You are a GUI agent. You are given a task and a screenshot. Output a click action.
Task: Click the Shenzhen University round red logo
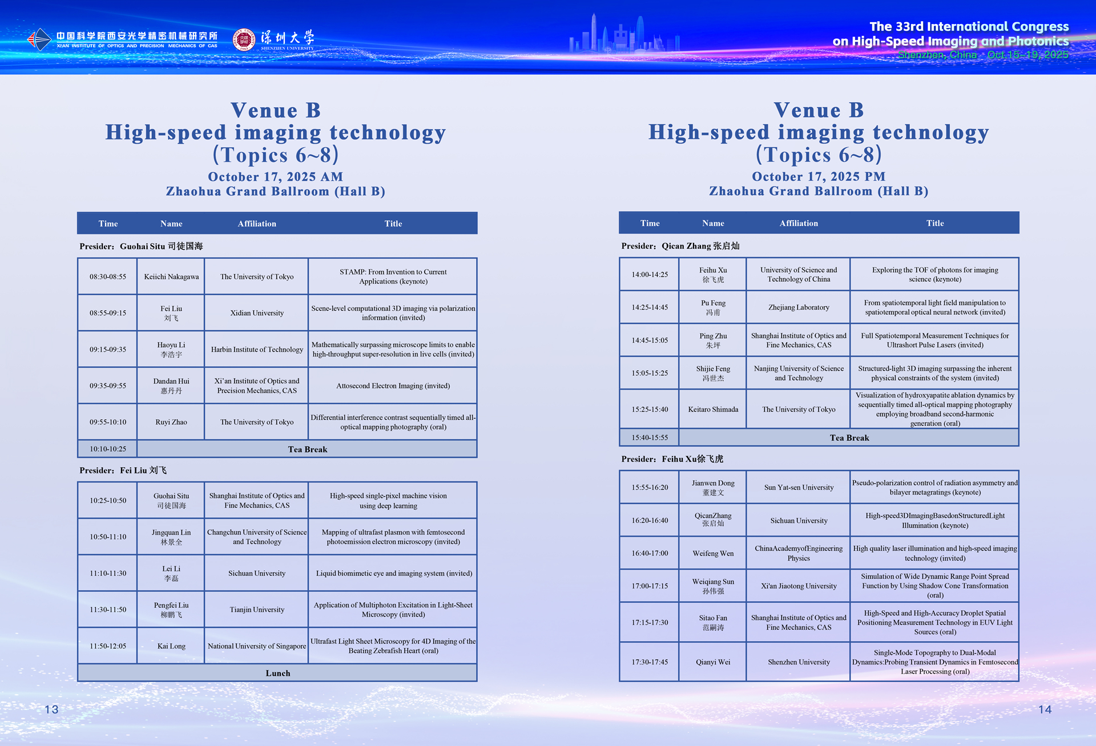coord(244,39)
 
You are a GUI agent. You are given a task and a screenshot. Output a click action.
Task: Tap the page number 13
coord(51,709)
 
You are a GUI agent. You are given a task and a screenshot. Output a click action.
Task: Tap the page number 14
coord(1045,709)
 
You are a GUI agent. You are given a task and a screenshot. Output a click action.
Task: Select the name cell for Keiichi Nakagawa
coord(171,277)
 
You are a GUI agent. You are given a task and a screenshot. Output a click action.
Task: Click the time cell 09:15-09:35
coord(107,349)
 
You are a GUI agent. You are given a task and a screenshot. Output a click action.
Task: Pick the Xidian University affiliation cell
coord(257,313)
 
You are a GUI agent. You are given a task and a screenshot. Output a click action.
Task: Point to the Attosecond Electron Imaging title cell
coord(393,386)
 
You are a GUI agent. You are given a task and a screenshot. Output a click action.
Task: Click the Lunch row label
coord(278,673)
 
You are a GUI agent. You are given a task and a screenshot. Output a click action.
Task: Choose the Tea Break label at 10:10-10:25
coord(308,449)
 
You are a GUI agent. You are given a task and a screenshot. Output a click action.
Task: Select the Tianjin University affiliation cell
coord(257,610)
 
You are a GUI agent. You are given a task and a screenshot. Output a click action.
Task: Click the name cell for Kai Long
coord(171,646)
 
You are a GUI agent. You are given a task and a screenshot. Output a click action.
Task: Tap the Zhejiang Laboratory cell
coord(799,307)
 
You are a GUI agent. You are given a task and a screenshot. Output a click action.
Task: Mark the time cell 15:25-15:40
coord(650,409)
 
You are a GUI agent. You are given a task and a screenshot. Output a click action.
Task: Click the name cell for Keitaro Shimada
coord(713,409)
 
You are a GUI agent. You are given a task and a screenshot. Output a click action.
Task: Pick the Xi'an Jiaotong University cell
coord(799,586)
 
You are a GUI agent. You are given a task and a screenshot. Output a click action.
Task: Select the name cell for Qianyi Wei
coord(713,662)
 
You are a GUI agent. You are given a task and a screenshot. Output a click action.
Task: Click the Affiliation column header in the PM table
coord(799,223)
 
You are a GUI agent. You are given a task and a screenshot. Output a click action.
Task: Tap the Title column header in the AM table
coord(393,224)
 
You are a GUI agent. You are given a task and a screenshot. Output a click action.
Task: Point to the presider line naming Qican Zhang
coord(680,246)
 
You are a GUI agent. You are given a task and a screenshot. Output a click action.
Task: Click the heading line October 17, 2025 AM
coord(276,177)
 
